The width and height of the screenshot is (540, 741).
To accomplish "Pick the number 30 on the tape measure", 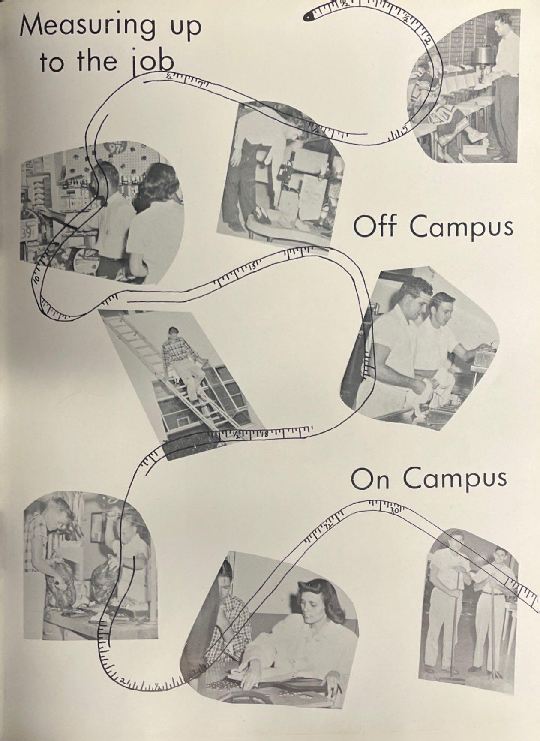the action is click(x=394, y=511).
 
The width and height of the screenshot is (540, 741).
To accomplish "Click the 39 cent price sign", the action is click(x=26, y=232).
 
